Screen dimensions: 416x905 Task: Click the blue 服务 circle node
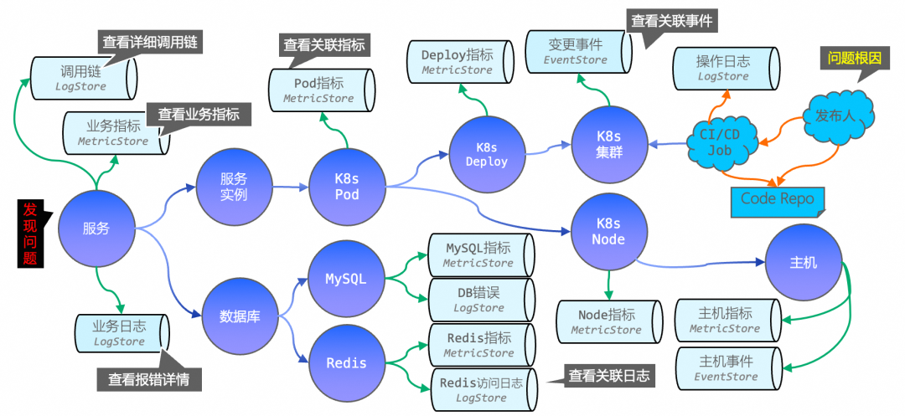96,228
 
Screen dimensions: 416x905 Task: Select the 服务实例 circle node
234,187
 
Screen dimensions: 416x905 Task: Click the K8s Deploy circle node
486,154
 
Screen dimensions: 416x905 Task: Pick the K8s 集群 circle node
609,143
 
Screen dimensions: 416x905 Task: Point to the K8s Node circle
608,231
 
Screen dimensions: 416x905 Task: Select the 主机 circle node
803,263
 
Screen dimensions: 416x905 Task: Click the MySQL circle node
346,279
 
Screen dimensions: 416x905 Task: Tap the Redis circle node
346,362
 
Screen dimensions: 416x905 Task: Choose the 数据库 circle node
239,316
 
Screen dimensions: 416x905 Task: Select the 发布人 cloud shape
835,116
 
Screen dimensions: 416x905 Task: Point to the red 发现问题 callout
31,234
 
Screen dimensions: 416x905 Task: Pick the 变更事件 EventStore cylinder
577,52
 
